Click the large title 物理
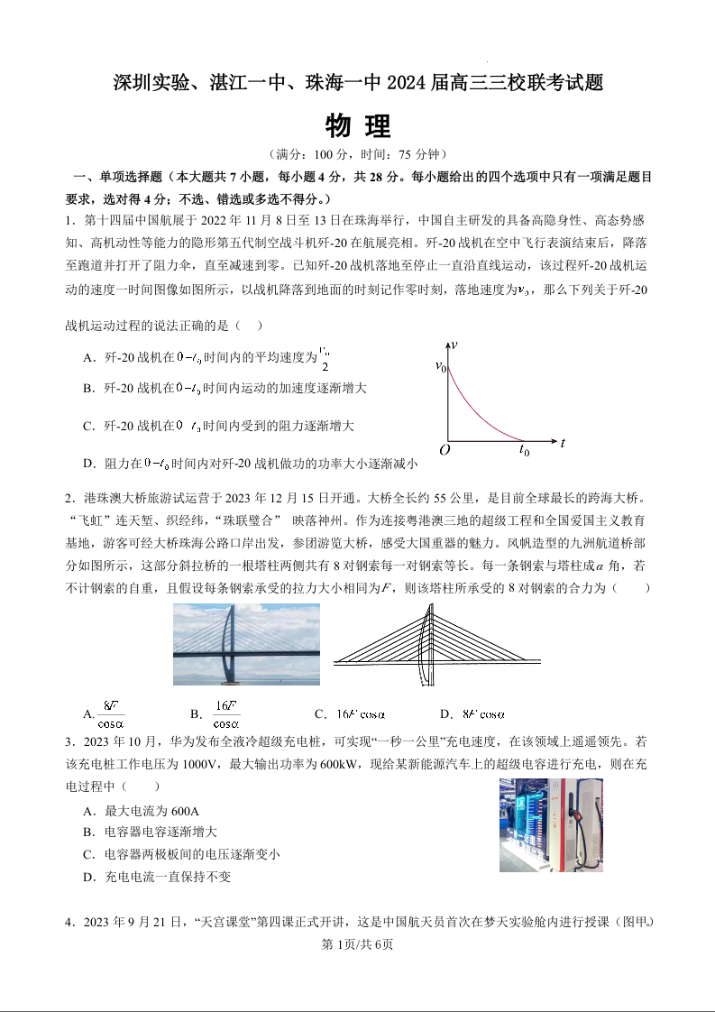358,124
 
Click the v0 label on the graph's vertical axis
440,366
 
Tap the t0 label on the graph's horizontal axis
524,451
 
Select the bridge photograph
246,644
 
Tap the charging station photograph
551,825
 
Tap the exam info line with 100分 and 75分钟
358,155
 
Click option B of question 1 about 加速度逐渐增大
225,388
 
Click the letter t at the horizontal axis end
562,443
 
